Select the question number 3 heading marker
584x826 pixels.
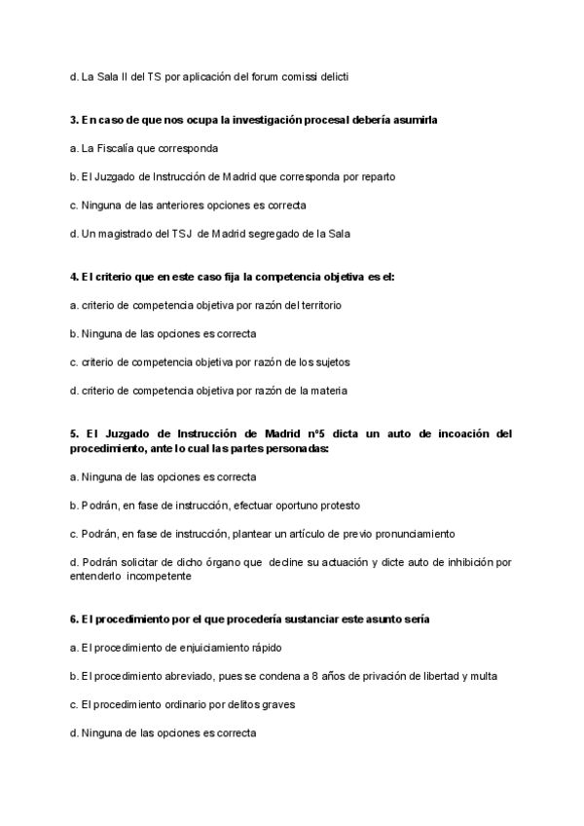tap(74, 120)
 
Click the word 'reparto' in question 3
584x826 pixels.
tap(376, 176)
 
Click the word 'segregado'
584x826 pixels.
tap(296, 234)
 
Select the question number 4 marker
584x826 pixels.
tap(74, 277)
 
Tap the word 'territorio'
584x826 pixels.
tap(316, 305)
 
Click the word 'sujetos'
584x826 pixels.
tap(331, 362)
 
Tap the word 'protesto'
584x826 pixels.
tap(337, 506)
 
